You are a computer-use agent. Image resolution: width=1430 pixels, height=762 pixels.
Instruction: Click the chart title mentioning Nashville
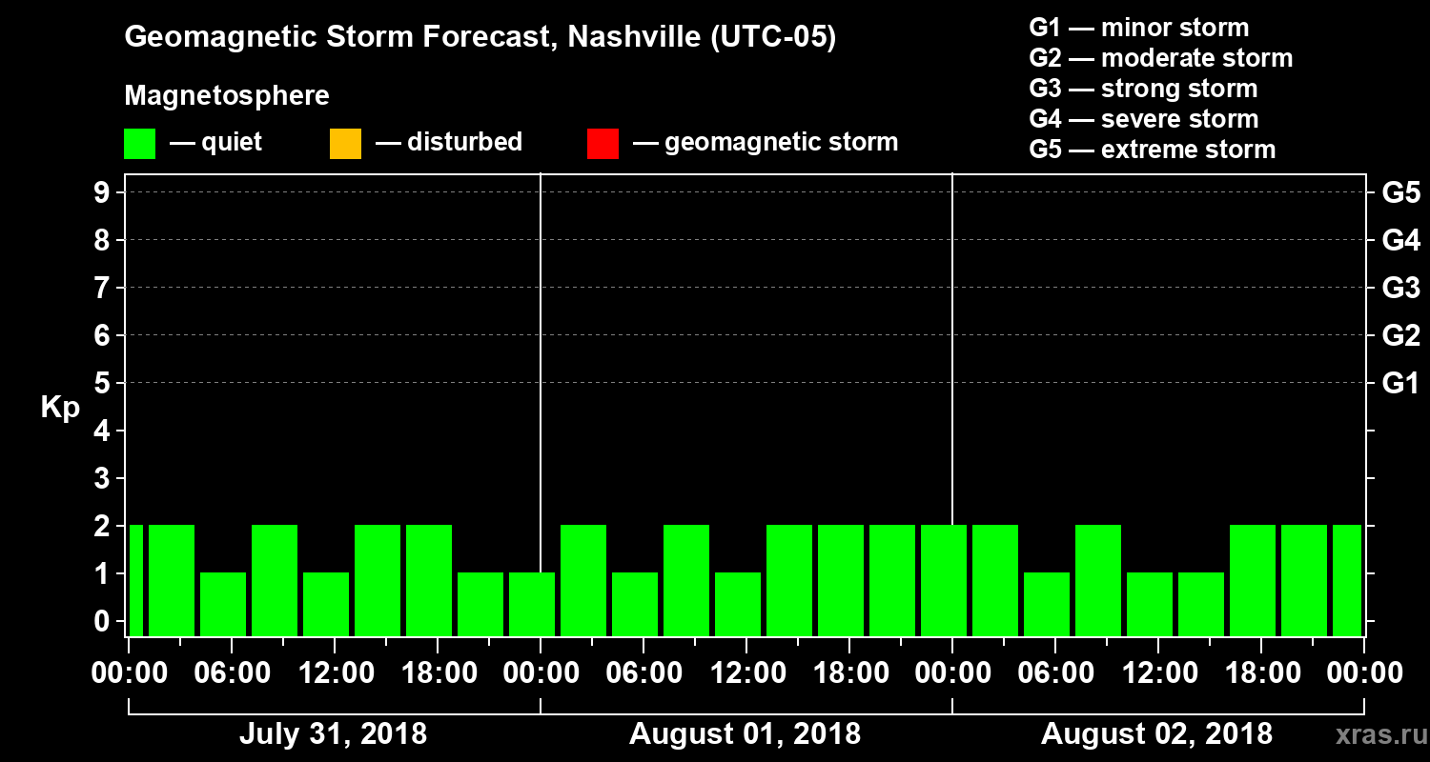tap(480, 38)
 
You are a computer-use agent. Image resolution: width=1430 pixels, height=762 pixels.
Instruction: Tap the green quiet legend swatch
tap(139, 144)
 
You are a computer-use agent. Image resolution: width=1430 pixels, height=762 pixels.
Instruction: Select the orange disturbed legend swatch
tap(345, 144)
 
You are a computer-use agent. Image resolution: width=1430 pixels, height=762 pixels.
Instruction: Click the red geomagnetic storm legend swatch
tap(603, 144)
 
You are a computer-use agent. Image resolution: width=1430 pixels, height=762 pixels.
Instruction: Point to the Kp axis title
tap(60, 408)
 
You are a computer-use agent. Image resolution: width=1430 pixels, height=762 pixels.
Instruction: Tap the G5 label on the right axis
tap(1400, 193)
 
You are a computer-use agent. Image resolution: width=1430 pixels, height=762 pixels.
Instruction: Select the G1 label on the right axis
tap(1400, 384)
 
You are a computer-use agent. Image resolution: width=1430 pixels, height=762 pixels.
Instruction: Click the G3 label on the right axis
tap(1400, 289)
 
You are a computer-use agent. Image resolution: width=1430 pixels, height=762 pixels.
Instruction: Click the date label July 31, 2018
tap(333, 734)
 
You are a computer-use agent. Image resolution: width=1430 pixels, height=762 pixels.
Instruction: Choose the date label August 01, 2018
tap(745, 734)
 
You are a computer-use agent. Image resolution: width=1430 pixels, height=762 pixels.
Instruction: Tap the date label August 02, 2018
tap(1156, 734)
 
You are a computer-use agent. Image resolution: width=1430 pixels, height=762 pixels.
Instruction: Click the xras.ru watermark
tap(1376, 734)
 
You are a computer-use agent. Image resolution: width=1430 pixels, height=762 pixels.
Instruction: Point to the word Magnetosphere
tap(227, 96)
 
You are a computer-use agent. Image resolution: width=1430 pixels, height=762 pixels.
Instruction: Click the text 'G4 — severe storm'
tap(1144, 119)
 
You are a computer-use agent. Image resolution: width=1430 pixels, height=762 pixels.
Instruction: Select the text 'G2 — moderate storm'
tap(1160, 58)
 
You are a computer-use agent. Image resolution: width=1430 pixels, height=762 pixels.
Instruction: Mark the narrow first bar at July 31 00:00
tap(136, 580)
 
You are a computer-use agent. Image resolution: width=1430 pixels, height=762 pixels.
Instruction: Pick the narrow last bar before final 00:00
tap(1347, 580)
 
